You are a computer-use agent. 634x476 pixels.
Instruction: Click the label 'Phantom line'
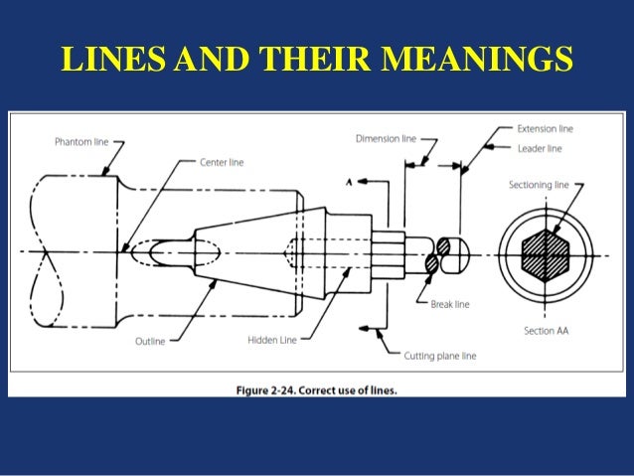tap(81, 142)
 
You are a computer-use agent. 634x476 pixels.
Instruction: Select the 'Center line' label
tap(222, 162)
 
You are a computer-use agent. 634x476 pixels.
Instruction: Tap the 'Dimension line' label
tap(386, 139)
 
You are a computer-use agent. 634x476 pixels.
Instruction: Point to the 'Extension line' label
tap(545, 129)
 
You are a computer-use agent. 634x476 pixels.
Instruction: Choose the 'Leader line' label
tap(540, 148)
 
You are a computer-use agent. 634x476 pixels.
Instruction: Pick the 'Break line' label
tap(449, 304)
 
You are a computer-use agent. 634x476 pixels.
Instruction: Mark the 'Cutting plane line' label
tap(440, 354)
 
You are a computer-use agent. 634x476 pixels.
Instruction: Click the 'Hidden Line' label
tap(271, 340)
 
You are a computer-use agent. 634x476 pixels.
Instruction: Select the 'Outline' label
tap(150, 341)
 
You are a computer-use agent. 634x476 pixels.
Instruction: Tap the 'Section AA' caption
tap(546, 330)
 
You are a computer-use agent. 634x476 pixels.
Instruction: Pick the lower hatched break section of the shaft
tap(431, 263)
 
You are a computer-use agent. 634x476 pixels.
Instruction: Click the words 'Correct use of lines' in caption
tap(352, 390)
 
